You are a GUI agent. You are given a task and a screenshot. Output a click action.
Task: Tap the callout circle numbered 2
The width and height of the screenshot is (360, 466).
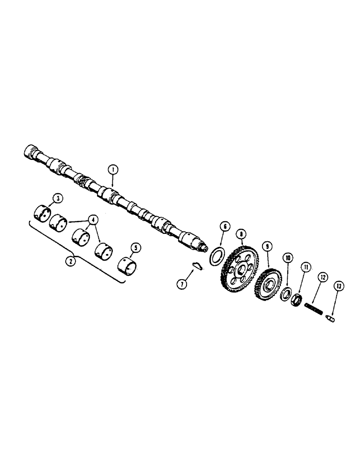pyautogui.click(x=71, y=261)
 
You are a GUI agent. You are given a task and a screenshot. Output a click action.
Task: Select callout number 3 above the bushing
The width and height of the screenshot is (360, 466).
pyautogui.click(x=57, y=199)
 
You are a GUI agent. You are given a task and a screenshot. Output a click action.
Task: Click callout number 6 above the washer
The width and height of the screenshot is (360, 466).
pyautogui.click(x=224, y=227)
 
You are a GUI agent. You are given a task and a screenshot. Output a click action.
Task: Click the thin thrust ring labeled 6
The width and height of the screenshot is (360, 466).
pyautogui.click(x=215, y=255)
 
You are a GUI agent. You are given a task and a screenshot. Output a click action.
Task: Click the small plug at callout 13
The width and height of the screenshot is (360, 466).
pyautogui.click(x=331, y=319)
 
